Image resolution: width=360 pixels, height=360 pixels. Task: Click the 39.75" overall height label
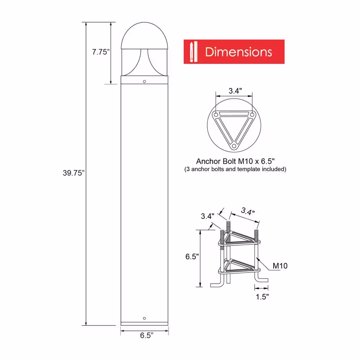click(74, 173)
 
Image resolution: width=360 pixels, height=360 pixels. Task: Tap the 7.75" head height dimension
click(101, 52)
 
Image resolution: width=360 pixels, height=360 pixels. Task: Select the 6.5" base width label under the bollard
click(147, 336)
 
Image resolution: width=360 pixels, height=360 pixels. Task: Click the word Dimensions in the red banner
click(239, 52)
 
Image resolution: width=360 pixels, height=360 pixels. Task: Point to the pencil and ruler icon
click(194, 51)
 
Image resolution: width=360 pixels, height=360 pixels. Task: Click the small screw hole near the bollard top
click(144, 81)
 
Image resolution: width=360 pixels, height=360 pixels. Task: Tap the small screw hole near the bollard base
click(144, 318)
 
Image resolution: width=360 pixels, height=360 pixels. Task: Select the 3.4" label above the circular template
click(235, 91)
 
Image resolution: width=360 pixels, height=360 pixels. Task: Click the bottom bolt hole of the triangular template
click(234, 146)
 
